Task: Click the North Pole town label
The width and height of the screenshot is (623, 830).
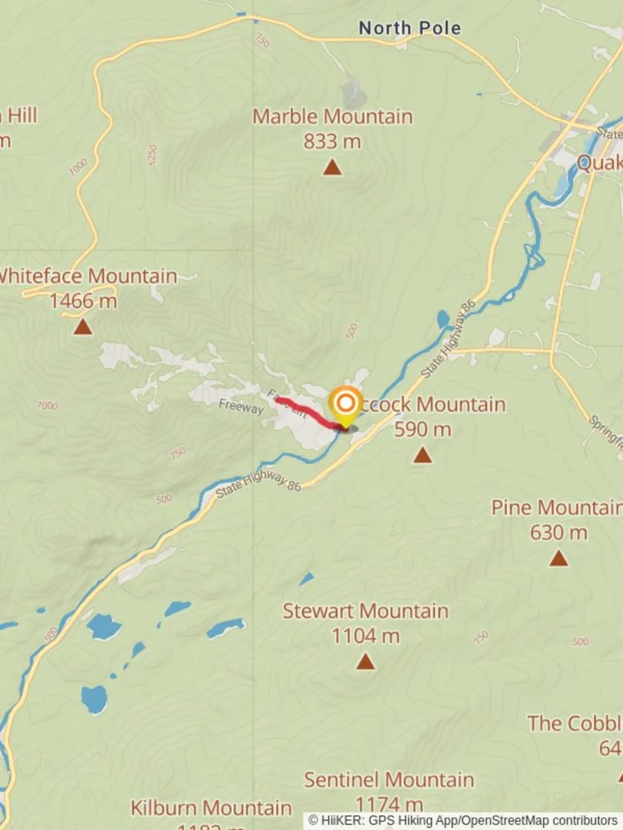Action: coord(409,28)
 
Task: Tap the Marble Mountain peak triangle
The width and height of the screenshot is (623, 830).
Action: coord(332,167)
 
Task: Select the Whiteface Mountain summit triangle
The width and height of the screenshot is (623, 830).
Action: coord(83,327)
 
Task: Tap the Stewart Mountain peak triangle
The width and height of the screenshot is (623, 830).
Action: coord(365,661)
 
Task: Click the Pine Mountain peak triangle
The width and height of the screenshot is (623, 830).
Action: coord(558,558)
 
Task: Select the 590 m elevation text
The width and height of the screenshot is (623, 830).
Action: coord(422,430)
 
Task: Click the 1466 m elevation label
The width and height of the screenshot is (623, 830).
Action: coord(83,300)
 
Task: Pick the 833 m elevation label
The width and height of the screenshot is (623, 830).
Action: coord(332,141)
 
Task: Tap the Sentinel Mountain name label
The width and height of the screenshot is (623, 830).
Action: coord(389,779)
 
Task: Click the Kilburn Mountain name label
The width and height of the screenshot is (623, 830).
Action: coord(211,808)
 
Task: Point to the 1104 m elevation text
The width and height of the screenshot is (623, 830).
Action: coord(365,636)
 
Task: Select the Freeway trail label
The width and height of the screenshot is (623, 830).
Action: coord(241,406)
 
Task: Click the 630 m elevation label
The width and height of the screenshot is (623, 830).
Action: coord(558,532)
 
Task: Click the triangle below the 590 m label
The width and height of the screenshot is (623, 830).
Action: coord(422,456)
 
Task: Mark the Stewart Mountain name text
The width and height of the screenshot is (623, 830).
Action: coord(365,612)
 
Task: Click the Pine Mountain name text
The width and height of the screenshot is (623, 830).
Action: coord(556,507)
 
